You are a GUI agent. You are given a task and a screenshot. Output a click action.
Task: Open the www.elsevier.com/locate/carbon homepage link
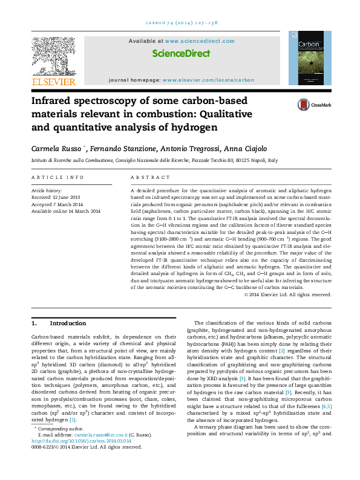pyautogui.click(x=208, y=80)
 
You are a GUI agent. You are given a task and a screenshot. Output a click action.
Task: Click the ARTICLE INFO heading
pyautogui.click(x=57, y=177)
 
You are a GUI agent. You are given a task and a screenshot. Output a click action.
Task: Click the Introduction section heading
pyautogui.click(x=67, y=323)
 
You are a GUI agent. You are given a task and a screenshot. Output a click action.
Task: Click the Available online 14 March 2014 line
pyautogui.click(x=65, y=210)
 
